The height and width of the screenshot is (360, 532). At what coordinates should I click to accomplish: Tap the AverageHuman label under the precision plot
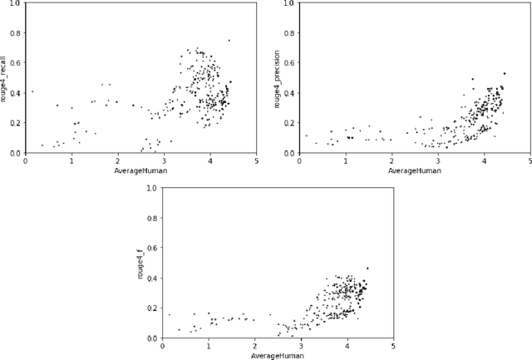pos(414,171)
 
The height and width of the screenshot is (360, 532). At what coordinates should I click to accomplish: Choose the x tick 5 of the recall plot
pos(256,161)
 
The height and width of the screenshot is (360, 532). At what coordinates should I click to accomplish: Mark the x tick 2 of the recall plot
pos(118,161)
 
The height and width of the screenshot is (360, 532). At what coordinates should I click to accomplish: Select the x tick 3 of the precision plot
pos(437,161)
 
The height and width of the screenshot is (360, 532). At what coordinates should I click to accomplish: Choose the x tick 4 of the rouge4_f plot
pos(347,346)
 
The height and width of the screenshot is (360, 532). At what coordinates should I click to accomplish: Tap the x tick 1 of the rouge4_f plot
pos(209,346)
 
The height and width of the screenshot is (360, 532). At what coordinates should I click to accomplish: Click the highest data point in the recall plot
pos(229,40)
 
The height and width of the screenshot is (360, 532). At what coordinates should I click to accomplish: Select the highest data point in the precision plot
pos(504,73)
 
